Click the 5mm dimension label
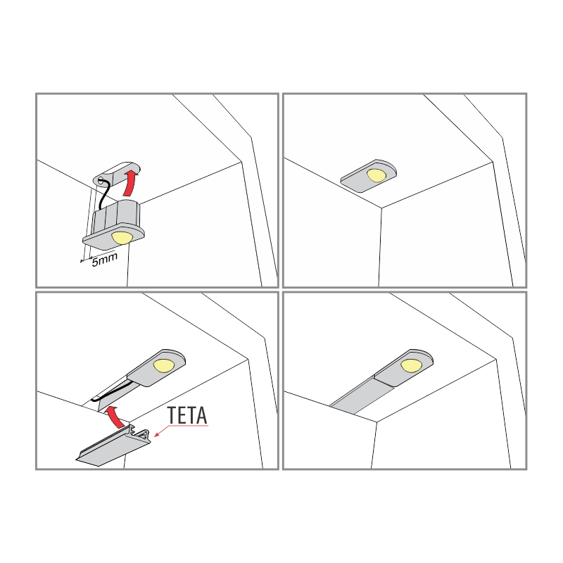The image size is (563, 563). click(104, 260)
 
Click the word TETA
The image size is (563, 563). click(187, 415)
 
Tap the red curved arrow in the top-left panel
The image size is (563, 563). click(130, 182)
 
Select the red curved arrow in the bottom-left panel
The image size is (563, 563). click(115, 417)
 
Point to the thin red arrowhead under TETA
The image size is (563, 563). click(156, 434)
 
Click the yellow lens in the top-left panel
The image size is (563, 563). click(122, 238)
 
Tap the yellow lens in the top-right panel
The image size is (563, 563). click(377, 175)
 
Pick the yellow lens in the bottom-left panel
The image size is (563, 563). click(164, 365)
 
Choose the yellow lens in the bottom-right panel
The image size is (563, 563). click(412, 365)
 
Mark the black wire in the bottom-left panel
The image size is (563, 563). click(111, 393)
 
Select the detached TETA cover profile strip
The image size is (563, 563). click(113, 446)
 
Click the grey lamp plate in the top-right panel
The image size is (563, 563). click(368, 176)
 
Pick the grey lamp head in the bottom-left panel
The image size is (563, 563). click(156, 368)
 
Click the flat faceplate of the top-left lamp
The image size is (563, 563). click(114, 237)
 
